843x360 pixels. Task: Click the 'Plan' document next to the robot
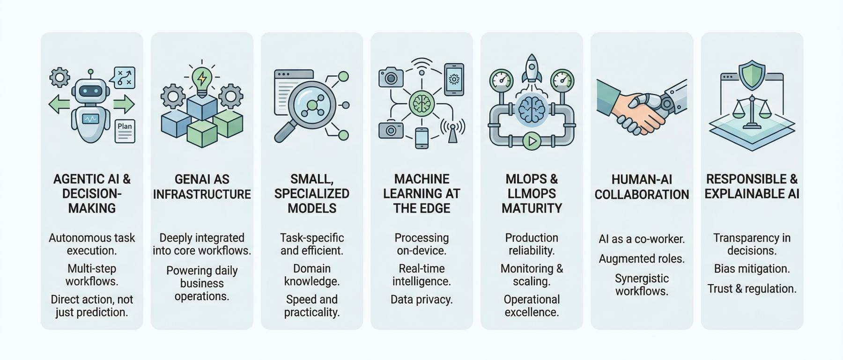[125, 131]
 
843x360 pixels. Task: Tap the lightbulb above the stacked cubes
[201, 79]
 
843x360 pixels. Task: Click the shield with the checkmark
[752, 75]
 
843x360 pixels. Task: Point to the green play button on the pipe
[531, 140]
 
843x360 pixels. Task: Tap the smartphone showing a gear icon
[453, 79]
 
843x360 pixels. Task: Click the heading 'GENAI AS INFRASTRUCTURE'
[202, 186]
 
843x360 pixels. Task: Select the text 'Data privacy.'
[421, 300]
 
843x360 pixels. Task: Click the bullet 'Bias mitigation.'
[752, 269]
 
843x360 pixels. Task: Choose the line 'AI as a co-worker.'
[642, 239]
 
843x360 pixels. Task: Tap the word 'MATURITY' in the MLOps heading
[532, 208]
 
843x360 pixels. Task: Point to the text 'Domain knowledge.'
[312, 275]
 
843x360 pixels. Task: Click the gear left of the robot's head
[59, 77]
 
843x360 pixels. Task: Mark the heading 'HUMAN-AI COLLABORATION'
[642, 187]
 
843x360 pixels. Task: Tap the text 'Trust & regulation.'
[752, 289]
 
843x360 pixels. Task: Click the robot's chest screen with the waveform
[90, 119]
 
